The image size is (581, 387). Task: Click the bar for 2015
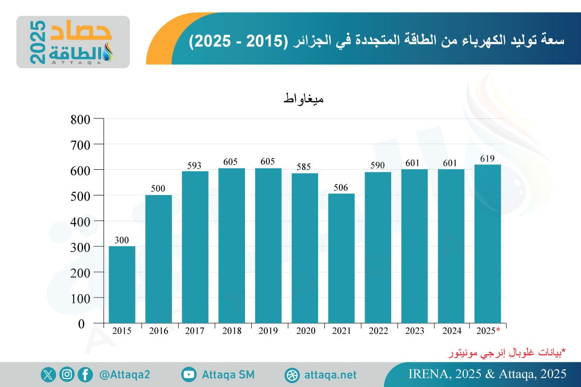[122, 284]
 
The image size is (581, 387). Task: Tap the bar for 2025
[488, 244]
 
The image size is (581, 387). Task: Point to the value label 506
[341, 188]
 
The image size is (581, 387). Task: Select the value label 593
[195, 166]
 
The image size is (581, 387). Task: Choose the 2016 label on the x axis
[158, 331]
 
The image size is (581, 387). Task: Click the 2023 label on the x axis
[414, 331]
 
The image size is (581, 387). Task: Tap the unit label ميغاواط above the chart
[303, 100]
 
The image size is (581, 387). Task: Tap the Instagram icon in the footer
[67, 374]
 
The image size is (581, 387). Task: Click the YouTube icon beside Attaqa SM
[189, 374]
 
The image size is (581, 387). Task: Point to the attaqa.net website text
[331, 375]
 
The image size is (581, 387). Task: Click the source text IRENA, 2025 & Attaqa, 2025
[488, 374]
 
